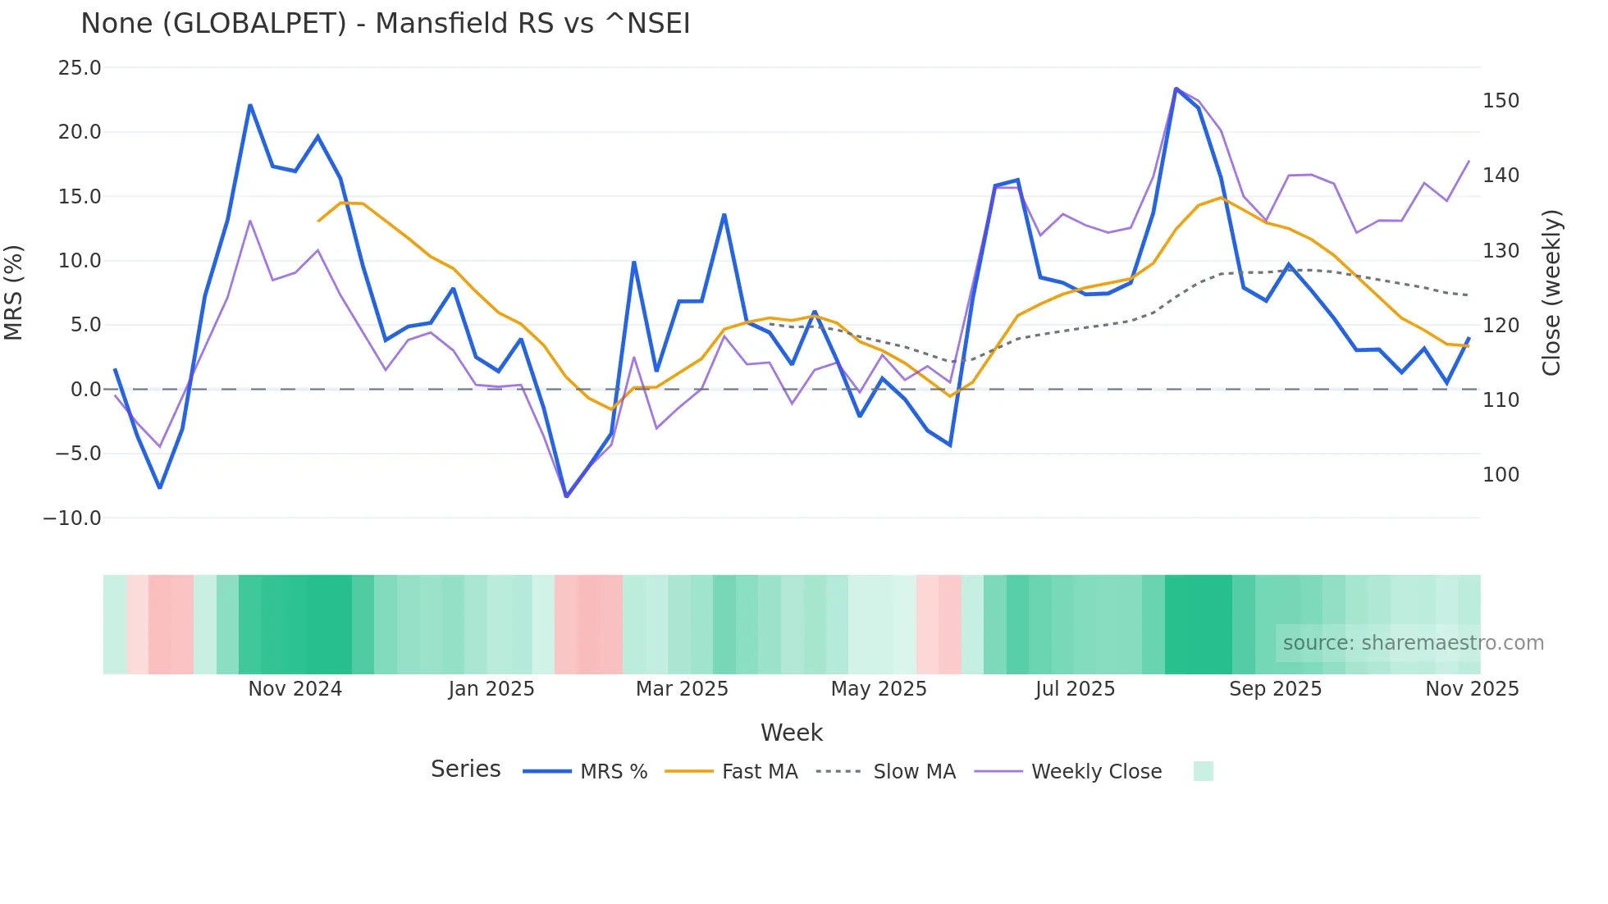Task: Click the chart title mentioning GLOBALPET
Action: point(385,24)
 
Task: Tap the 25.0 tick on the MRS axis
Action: point(80,68)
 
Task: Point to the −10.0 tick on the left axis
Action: point(72,518)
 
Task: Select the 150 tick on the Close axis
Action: point(1501,101)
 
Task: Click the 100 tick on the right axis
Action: point(1501,475)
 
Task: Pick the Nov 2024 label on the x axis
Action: point(295,689)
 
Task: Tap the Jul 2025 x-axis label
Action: point(1075,689)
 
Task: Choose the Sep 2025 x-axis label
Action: point(1275,689)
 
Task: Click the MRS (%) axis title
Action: point(14,293)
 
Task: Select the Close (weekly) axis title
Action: point(1551,293)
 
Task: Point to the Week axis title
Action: point(791,733)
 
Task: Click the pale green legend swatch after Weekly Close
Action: point(1203,771)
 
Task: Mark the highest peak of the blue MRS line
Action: point(1176,89)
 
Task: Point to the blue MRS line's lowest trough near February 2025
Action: point(566,496)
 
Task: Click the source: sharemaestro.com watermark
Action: point(1413,643)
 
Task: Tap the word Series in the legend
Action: point(465,769)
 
